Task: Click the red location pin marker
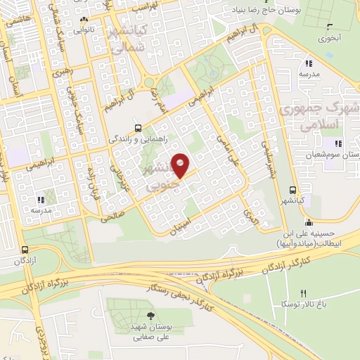(181, 165)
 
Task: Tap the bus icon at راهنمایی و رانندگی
(137, 128)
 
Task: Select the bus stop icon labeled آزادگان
(26, 250)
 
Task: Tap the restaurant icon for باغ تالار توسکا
(304, 292)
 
